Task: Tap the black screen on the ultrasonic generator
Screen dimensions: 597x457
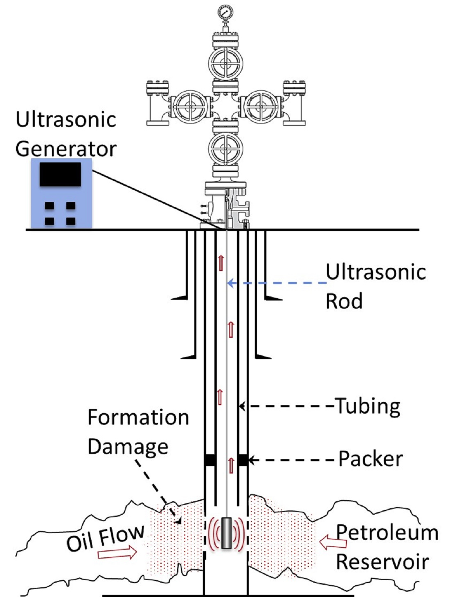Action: (60, 175)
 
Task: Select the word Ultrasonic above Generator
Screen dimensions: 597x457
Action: (66, 120)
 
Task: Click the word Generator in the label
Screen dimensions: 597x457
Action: (66, 149)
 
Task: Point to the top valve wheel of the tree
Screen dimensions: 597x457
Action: (225, 64)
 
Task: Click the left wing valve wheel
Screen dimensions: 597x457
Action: (189, 106)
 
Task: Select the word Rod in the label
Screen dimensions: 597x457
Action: (344, 301)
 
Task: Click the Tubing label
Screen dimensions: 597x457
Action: (368, 406)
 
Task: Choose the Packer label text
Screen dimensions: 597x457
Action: (370, 459)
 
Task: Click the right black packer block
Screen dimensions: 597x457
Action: (243, 460)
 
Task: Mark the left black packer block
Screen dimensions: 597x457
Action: (210, 460)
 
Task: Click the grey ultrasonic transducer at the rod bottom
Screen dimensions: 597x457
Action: (226, 533)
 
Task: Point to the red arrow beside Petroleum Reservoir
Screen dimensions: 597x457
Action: (333, 543)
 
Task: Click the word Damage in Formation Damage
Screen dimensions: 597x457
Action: (128, 447)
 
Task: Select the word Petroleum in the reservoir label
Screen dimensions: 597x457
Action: (387, 533)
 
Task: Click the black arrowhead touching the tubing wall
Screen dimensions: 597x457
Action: (242, 406)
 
